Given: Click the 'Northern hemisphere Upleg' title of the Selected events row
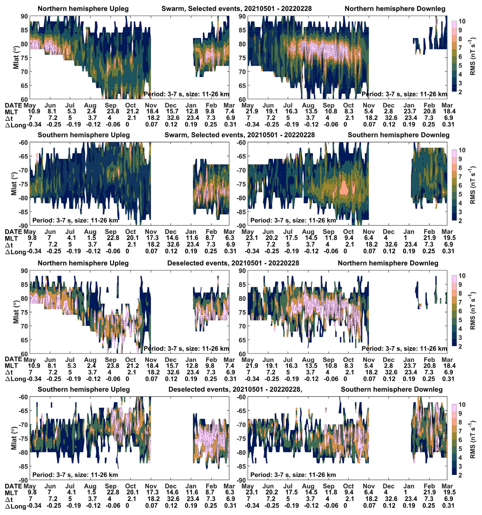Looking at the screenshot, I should point(83,9).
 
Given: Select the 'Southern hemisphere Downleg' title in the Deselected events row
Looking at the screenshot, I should point(392,389).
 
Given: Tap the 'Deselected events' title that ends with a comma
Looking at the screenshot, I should point(235,389).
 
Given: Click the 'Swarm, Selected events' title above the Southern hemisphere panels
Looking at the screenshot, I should point(239,135).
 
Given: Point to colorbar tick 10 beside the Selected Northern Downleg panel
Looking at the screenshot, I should point(462,21).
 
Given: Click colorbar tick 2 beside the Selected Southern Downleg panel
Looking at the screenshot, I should point(460,221).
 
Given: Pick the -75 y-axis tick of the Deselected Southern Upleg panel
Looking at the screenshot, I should point(23,438).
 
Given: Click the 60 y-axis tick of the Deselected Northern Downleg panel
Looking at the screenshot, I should point(242,354).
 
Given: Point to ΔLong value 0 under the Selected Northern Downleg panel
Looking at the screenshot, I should point(345,124).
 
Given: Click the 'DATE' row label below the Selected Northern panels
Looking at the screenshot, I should point(13,105).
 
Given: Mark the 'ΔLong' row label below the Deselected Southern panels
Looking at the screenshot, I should point(16,506).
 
